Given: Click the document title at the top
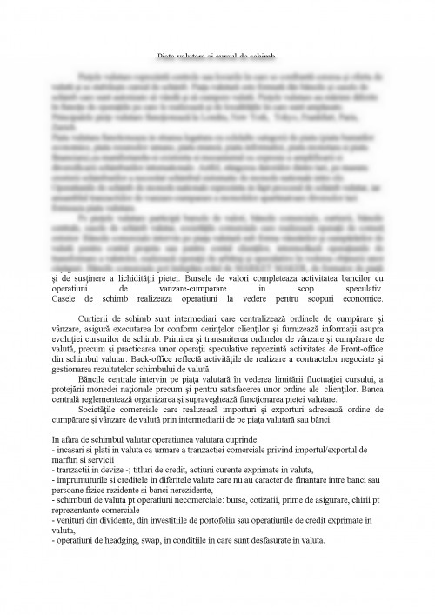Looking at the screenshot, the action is tap(217, 55).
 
